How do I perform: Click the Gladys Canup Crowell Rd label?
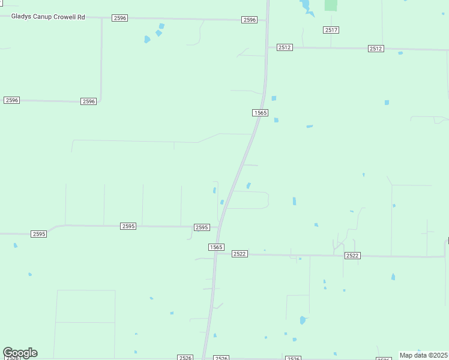[x=48, y=17]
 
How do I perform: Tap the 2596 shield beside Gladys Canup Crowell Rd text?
[x=119, y=18]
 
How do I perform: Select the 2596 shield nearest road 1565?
[x=250, y=20]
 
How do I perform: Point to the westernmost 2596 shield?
[x=11, y=100]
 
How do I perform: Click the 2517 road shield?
[x=330, y=30]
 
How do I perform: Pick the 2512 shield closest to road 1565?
[x=285, y=47]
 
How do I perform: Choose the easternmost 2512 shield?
[x=376, y=49]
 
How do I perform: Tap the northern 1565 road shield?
[x=260, y=113]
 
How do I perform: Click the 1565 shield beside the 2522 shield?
[x=216, y=247]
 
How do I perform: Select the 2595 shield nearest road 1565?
[x=202, y=227]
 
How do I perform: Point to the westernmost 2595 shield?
[x=38, y=233]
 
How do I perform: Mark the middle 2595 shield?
[x=128, y=226]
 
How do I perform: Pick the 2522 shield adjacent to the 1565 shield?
[x=240, y=254]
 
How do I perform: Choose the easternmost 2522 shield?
[x=352, y=256]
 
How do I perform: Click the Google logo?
[x=20, y=353]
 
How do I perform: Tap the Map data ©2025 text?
[x=423, y=355]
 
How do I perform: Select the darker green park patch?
[x=331, y=5]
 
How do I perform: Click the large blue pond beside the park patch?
[x=306, y=6]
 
